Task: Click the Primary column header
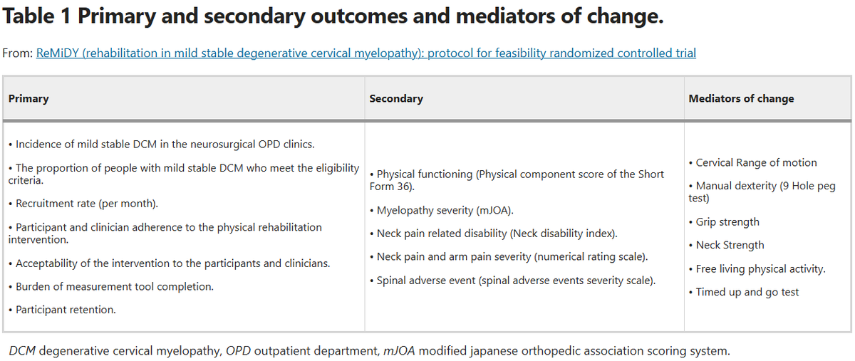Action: [28, 98]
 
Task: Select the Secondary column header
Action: [395, 98]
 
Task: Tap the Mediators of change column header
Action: [741, 98]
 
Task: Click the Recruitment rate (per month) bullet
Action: [83, 204]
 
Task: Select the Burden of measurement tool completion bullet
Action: [110, 286]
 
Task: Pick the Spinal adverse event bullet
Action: [515, 280]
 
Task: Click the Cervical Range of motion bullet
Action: [756, 162]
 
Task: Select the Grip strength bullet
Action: [727, 222]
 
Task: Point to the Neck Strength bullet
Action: [730, 245]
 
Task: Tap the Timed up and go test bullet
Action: [747, 292]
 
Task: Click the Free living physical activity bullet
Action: [760, 268]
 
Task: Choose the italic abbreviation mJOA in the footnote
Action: [398, 351]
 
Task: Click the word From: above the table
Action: [17, 53]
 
